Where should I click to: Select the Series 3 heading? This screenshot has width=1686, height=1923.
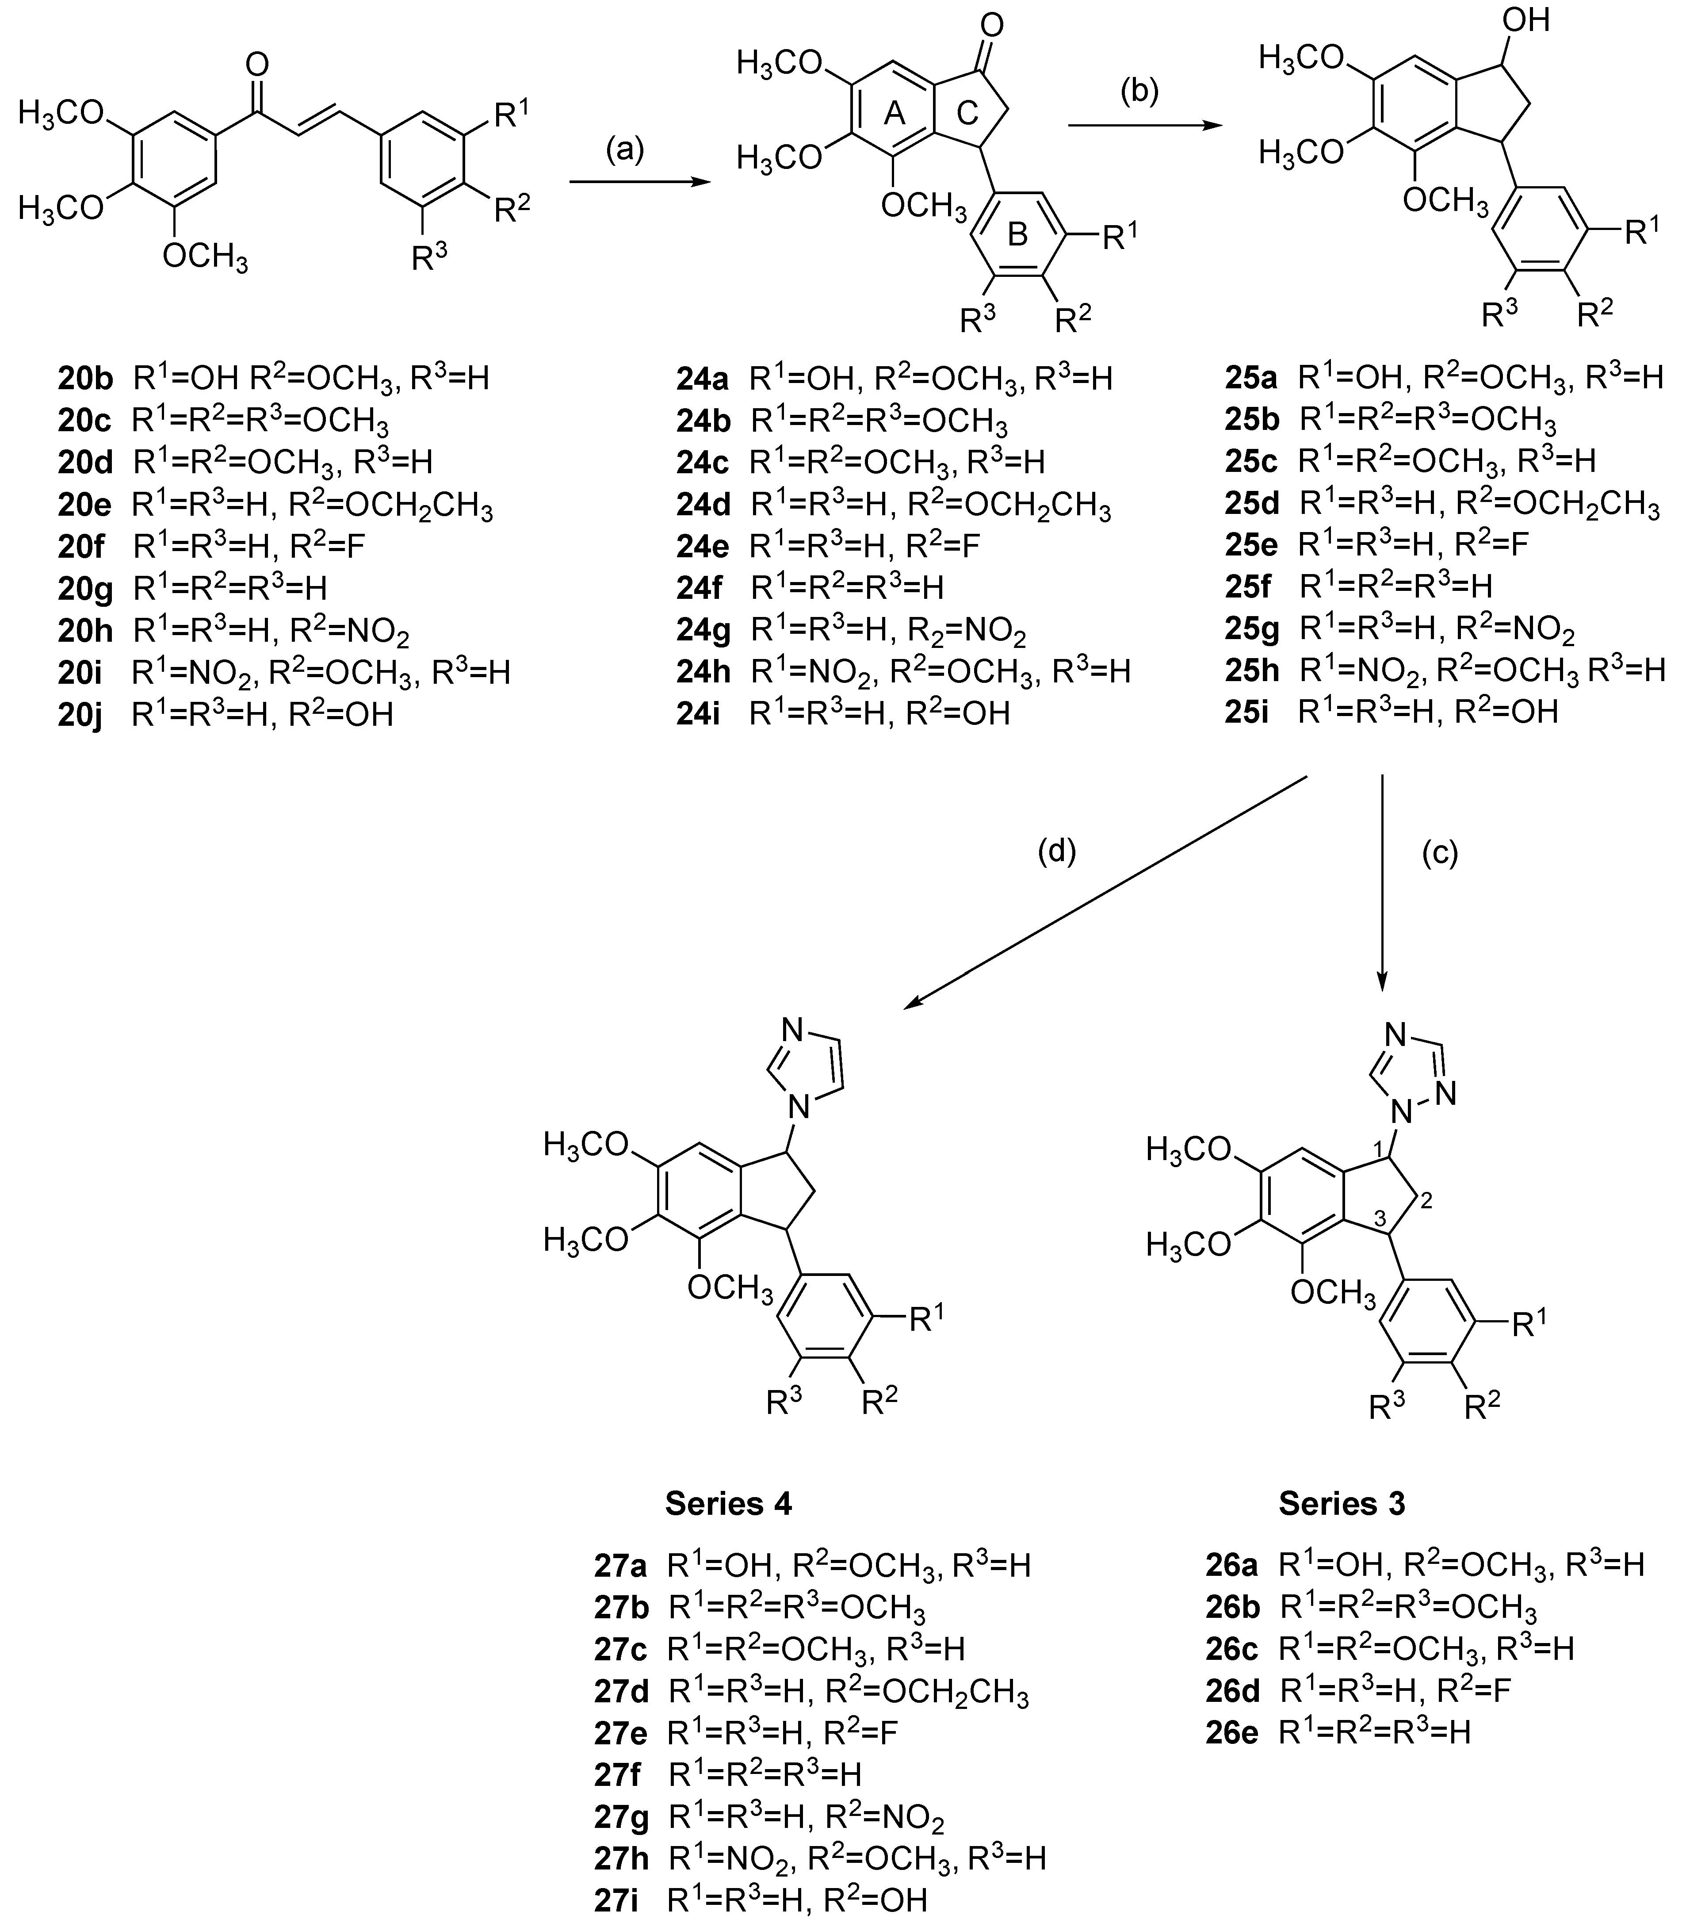pos(1342,1503)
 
